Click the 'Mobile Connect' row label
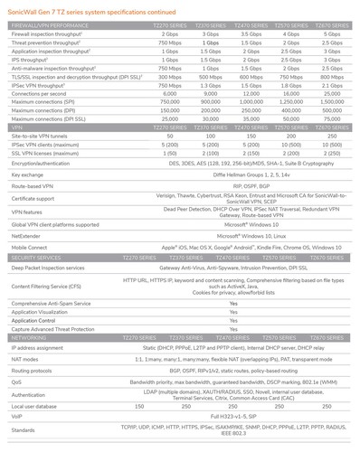point(28,246)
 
